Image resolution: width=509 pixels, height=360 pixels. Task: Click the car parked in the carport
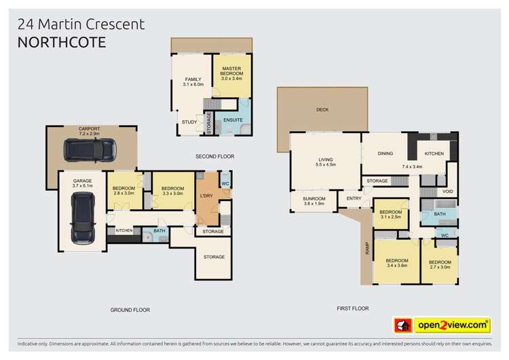89,149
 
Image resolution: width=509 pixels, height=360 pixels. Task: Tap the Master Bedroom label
231,73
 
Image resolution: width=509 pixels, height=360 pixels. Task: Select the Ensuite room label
233,120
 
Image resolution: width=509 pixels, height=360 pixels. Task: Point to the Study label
189,122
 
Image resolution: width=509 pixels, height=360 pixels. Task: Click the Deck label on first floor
322,109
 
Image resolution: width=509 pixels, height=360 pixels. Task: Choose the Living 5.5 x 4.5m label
326,161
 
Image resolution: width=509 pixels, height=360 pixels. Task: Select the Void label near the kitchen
447,191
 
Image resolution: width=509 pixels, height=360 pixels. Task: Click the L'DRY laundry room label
207,197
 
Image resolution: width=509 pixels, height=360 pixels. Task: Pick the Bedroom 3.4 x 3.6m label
397,264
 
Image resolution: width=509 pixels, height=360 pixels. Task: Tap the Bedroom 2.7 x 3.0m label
440,264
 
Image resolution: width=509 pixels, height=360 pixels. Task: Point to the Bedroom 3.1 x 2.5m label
391,214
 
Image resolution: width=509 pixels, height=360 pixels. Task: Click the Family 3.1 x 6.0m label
193,82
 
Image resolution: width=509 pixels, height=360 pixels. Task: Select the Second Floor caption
214,156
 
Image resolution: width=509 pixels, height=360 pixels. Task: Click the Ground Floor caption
130,310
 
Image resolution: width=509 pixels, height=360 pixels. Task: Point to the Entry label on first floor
354,198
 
